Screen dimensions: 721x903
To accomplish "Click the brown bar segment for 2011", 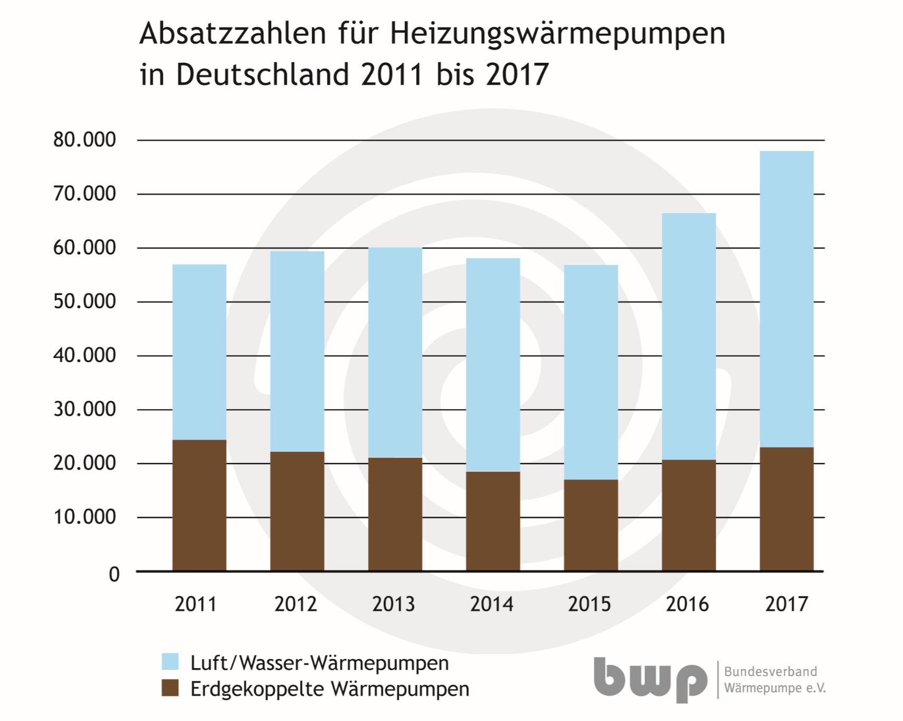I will (199, 505).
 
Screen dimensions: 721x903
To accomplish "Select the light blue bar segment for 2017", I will (786, 299).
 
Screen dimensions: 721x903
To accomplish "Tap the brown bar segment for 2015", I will (591, 525).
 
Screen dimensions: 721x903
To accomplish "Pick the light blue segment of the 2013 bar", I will (395, 352).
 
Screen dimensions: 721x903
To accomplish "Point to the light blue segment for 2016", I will (689, 336).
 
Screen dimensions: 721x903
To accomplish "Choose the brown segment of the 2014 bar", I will (493, 521).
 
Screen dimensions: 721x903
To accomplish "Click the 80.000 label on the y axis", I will (84, 140).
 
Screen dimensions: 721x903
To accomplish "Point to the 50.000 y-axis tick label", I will (84, 301).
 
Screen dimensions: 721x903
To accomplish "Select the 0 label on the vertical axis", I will (114, 574).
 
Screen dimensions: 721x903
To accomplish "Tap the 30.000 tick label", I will (84, 409).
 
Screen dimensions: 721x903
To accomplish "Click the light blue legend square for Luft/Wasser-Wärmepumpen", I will (170, 661).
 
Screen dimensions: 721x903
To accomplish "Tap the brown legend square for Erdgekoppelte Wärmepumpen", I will (170, 688).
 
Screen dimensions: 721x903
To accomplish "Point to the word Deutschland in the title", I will (262, 74).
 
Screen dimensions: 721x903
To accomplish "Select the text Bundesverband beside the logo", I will (770, 672).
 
